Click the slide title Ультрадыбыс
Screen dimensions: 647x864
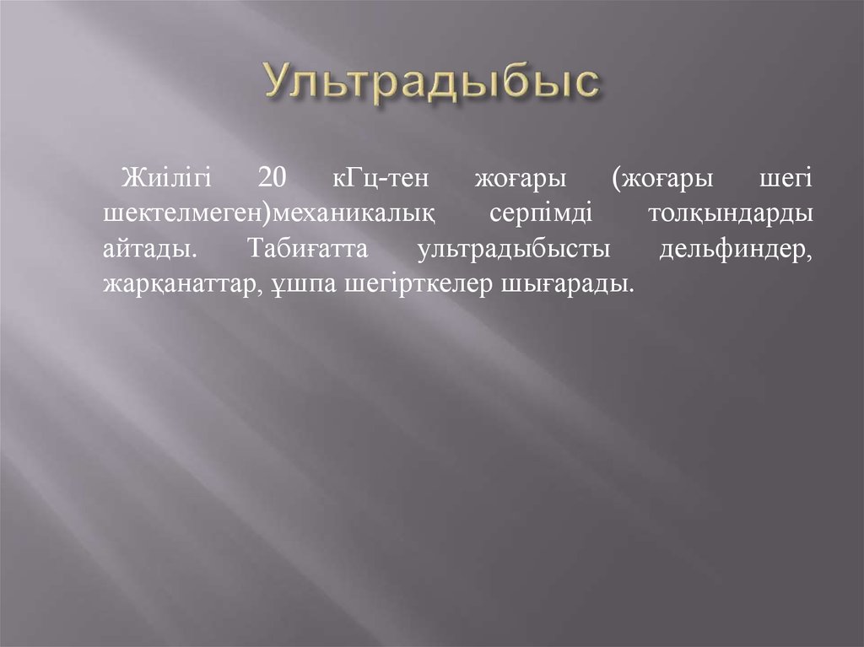click(x=432, y=86)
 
